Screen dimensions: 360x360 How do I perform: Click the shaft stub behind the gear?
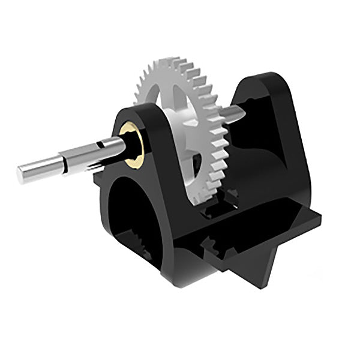tap(239, 112)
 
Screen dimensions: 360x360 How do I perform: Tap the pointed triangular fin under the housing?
tap(264, 264)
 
